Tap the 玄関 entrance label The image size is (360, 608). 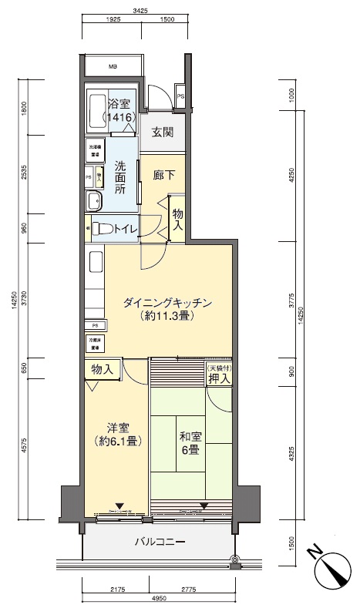coord(162,132)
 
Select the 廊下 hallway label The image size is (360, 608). coord(163,175)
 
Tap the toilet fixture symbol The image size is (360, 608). coord(101,229)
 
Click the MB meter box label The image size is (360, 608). coord(113,67)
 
